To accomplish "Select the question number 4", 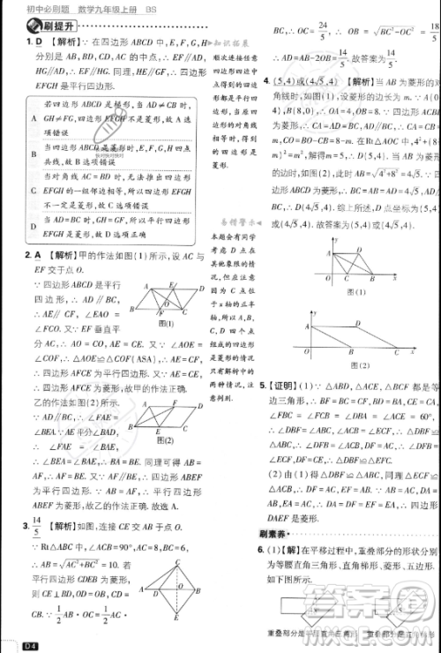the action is coord(266,80).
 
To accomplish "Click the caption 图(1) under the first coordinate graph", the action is coord(357,291).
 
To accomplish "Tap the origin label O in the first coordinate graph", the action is coord(325,279).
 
